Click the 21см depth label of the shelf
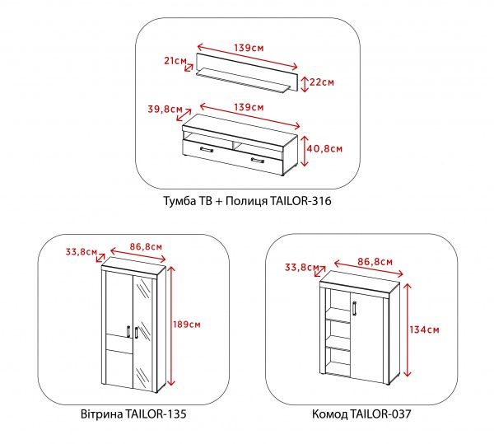[175, 61]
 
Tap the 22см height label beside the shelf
[322, 82]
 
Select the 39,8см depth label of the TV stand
[165, 110]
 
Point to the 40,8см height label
[324, 148]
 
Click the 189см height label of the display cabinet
[187, 325]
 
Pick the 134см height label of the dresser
[424, 329]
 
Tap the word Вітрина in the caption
[102, 414]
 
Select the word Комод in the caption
[329, 414]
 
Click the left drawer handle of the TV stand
[207, 149]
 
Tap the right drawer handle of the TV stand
[258, 161]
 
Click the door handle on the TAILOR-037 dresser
[354, 308]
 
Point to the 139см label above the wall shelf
[249, 48]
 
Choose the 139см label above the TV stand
[249, 107]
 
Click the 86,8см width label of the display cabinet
[146, 246]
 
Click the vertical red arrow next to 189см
[170, 326]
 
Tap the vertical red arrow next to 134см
[408, 330]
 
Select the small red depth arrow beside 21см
[189, 68]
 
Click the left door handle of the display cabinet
[128, 331]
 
